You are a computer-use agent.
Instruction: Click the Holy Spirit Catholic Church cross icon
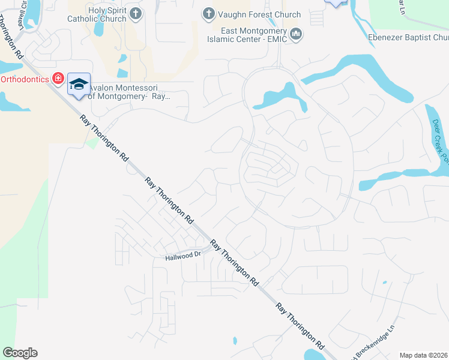(136, 14)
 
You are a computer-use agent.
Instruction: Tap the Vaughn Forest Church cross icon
(208, 14)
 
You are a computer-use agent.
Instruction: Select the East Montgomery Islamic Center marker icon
(295, 35)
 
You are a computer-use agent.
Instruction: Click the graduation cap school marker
(79, 85)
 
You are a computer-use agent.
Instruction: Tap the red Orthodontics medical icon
(58, 79)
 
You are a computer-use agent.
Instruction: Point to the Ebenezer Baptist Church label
(408, 37)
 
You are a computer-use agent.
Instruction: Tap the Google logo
(20, 353)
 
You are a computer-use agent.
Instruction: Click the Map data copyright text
(424, 355)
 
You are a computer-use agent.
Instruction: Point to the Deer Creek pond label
(440, 138)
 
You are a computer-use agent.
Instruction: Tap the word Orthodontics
(24, 79)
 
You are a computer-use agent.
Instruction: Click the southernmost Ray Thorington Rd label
(300, 327)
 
